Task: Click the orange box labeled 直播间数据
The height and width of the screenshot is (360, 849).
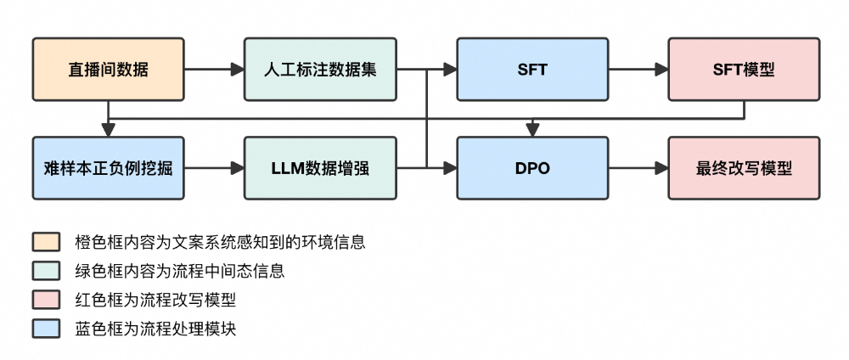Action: point(108,70)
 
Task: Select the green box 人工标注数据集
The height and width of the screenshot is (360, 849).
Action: point(320,70)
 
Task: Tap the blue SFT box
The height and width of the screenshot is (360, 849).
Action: point(532,70)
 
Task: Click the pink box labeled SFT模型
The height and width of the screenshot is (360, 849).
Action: point(744,70)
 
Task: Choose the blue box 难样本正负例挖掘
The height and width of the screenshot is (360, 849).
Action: point(108,168)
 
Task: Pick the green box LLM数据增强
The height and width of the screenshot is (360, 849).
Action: point(320,168)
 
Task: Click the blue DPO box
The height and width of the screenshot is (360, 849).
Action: point(532,168)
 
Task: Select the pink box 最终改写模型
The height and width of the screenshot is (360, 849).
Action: point(744,168)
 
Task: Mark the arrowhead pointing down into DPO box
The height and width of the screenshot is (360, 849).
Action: point(532,129)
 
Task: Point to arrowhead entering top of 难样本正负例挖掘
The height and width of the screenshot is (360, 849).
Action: point(108,129)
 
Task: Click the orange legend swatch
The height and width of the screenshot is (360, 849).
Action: point(45,242)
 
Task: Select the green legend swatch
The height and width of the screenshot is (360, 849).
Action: point(45,271)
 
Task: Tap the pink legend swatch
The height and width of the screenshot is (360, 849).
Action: point(45,300)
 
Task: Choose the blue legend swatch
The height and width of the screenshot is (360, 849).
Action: point(45,329)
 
